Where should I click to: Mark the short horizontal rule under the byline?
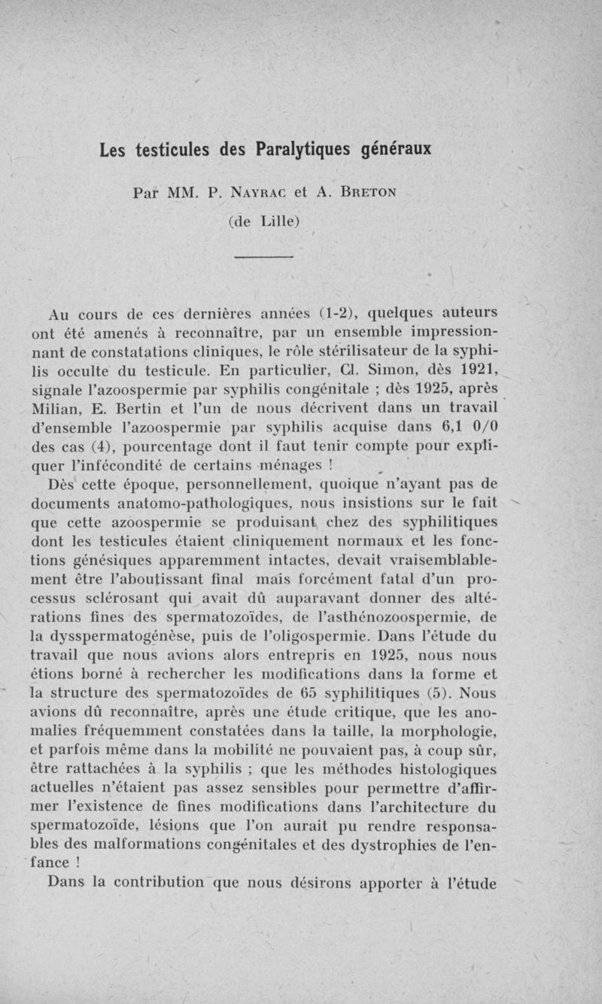click(x=263, y=258)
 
